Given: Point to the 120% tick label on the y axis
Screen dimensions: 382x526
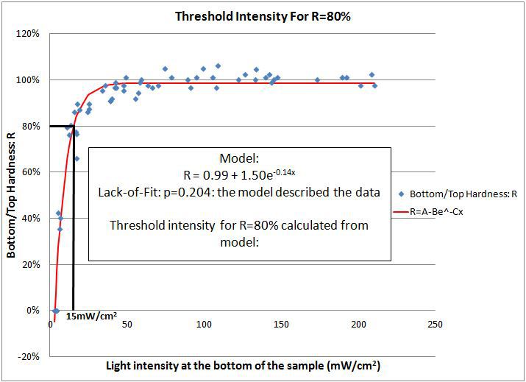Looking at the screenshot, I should coord(30,34).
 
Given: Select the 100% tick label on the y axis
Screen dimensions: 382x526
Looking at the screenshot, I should coord(30,80).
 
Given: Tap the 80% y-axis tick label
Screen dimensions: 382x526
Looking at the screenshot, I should coord(32,126).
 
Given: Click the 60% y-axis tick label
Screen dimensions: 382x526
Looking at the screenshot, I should coord(32,172).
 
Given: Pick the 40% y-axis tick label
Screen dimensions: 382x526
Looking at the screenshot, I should coord(32,218).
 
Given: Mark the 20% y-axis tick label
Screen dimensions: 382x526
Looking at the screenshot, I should coord(32,264).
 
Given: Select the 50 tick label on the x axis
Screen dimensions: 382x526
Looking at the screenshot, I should coord(127,325).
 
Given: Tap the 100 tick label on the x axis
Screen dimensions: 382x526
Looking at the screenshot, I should coord(204,325).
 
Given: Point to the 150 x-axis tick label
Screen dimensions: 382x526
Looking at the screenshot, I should coord(281,325).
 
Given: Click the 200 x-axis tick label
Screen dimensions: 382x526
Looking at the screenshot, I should coord(358,325).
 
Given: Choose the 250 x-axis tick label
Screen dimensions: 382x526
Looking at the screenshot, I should coord(435,325).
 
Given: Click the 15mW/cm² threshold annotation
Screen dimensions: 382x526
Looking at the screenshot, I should coord(91,316).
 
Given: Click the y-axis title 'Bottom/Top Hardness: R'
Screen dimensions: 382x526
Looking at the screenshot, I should coord(12,195).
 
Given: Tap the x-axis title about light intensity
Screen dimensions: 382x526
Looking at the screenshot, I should coord(243,366).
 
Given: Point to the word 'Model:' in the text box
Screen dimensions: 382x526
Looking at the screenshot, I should coord(239,159).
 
